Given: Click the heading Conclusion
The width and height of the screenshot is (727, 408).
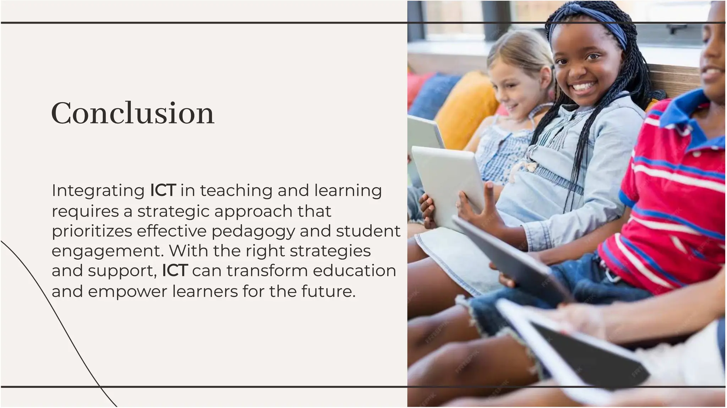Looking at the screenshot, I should coord(132,113).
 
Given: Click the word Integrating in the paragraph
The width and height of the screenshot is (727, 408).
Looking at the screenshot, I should coord(98,191).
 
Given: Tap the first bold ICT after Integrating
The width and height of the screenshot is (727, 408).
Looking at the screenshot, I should coord(163,191).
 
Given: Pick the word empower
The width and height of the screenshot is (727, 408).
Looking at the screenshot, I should coord(127,292).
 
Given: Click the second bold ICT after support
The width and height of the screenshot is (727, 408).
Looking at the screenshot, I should coord(175,271).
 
